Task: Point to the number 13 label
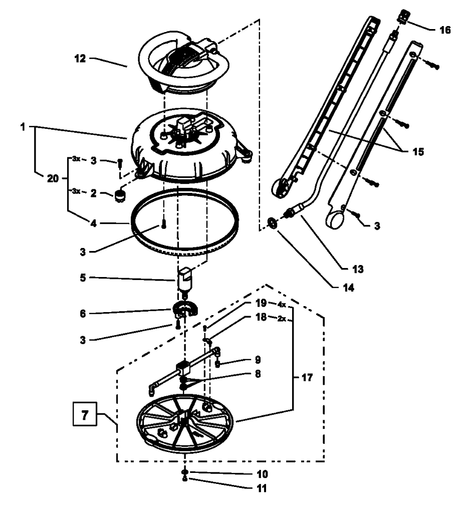pos(357,269)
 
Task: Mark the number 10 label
pos(262,473)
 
